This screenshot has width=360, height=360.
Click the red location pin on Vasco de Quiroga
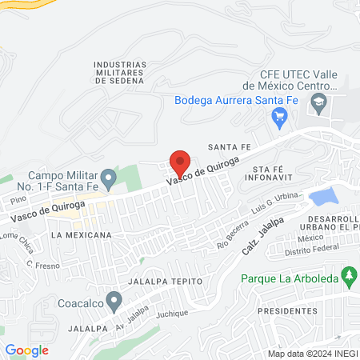[x=180, y=160]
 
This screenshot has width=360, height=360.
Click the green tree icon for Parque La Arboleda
[x=348, y=278]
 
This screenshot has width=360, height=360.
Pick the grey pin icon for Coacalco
[x=114, y=302]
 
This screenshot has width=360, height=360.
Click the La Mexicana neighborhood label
[x=80, y=236]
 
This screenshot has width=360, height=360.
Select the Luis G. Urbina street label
[x=276, y=206]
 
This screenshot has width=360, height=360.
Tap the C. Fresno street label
[x=39, y=265]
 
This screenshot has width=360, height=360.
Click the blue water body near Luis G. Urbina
[x=322, y=196]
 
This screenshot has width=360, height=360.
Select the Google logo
[x=26, y=350]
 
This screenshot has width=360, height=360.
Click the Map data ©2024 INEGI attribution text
[x=311, y=354]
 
